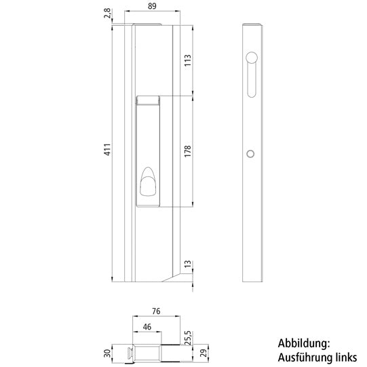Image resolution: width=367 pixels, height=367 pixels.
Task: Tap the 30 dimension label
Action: click(107, 352)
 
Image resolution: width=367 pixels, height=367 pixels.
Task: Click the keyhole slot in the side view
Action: click(251, 75)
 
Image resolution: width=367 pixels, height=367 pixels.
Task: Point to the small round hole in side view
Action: click(251, 155)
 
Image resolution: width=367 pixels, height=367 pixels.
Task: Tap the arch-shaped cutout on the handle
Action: click(148, 183)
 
